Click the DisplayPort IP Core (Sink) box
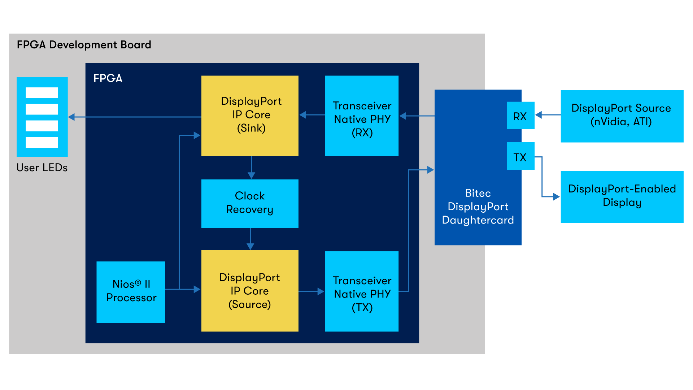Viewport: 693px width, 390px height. (x=250, y=116)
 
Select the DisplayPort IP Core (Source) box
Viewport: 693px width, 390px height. (x=250, y=291)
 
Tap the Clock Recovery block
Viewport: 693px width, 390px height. (x=250, y=203)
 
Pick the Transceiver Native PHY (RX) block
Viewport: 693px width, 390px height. (x=362, y=116)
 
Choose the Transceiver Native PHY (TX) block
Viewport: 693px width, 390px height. (x=362, y=291)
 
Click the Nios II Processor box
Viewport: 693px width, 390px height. (x=131, y=292)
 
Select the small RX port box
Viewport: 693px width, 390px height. (x=520, y=116)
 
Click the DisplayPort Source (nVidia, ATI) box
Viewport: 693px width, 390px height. (x=622, y=116)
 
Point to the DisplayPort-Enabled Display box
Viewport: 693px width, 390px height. (x=622, y=197)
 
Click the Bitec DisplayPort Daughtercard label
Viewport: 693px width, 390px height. (x=478, y=207)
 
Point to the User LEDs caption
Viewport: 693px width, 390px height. (x=42, y=168)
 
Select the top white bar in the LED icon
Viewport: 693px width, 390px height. (x=42, y=93)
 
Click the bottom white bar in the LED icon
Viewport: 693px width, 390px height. (x=42, y=142)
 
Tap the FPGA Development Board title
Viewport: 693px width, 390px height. (x=84, y=45)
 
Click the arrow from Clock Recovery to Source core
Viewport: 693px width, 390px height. (x=250, y=239)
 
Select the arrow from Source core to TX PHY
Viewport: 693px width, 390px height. (x=311, y=291)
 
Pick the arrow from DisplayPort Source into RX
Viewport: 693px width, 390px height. (x=548, y=115)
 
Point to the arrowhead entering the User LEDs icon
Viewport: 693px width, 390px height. (x=71, y=117)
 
